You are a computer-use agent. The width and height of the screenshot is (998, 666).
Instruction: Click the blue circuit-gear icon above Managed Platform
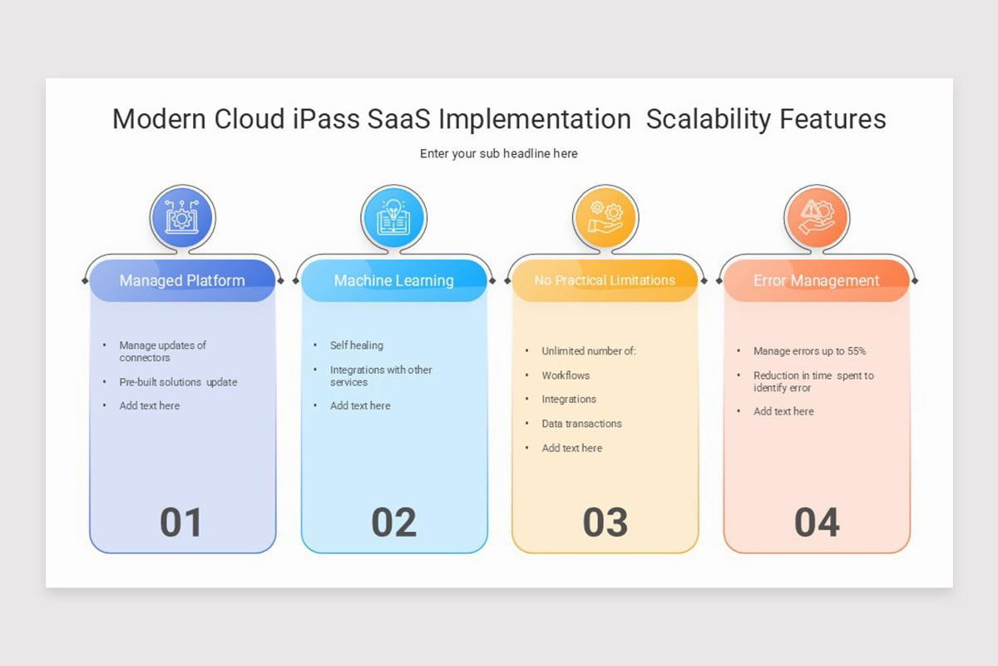pos(182,216)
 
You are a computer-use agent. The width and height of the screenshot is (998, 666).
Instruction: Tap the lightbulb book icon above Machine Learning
pos(393,216)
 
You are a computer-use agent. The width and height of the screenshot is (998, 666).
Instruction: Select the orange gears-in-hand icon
pos(605,216)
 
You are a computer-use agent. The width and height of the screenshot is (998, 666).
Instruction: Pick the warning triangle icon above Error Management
pos(817,216)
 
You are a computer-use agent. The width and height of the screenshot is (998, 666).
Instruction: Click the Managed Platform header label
pos(182,281)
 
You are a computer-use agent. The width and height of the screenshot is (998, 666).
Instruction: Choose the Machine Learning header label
pos(393,281)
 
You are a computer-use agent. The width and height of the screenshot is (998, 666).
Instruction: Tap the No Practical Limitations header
pos(605,281)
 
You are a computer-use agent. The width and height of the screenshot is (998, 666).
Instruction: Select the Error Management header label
pos(816,281)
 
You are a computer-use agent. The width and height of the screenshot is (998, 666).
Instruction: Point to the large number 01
pos(181,523)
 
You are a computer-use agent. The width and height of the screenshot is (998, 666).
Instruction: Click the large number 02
pos(393,523)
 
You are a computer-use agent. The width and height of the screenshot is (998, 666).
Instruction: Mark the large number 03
pos(605,523)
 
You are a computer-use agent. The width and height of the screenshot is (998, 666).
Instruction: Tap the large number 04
pos(817,523)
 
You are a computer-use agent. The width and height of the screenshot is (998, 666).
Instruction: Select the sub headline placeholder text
pos(498,153)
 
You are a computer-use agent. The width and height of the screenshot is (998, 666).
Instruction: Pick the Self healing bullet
pos(357,345)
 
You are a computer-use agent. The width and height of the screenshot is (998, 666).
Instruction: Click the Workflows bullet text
pos(566,375)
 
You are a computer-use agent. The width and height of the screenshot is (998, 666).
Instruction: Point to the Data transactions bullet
pos(581,424)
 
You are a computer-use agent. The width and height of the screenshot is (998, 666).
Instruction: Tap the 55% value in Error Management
pos(857,351)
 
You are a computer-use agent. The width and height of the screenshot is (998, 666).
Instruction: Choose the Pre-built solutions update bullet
pos(178,382)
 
